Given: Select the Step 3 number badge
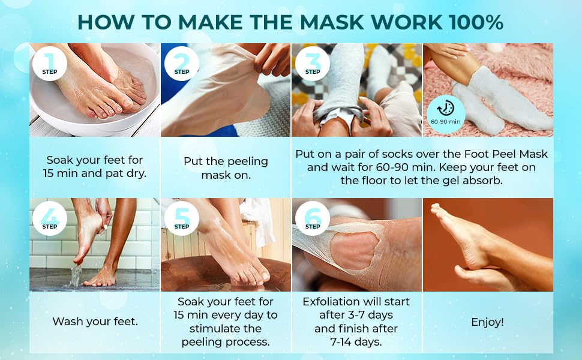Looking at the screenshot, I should click(x=313, y=63).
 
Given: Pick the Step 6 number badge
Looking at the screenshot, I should click(x=313, y=218).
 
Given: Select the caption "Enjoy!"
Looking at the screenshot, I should click(x=487, y=322).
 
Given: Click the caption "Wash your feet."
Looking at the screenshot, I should click(x=95, y=322).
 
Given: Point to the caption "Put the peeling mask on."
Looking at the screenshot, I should click(x=226, y=169).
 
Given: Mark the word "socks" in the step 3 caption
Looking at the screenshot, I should click(x=397, y=154).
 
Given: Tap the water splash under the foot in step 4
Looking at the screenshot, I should click(x=75, y=277).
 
